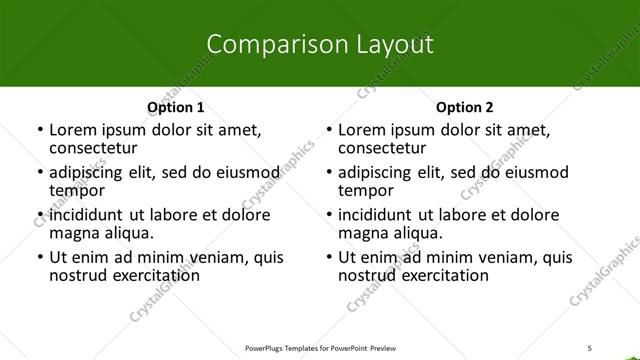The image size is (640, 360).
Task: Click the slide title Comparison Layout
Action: coord(319,44)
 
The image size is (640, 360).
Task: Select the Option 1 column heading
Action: coord(175,107)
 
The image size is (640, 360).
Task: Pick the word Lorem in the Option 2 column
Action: coord(361,130)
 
